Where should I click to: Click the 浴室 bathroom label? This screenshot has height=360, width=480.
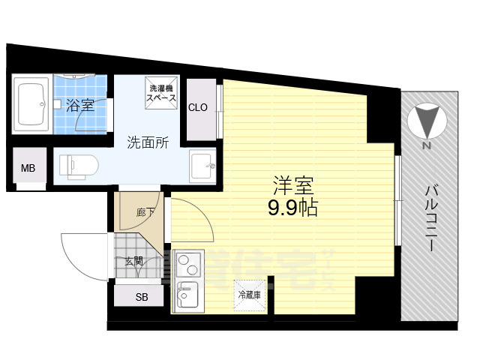tap(79, 106)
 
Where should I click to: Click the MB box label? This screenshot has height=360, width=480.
tap(28, 167)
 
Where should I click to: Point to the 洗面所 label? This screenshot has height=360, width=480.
tap(146, 141)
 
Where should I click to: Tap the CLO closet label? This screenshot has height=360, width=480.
tap(198, 108)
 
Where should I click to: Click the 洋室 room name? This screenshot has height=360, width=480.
tap(292, 184)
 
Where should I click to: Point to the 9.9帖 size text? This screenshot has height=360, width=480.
tap(292, 208)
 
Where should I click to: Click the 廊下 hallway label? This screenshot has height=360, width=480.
tap(145, 212)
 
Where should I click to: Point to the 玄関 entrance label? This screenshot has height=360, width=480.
tap(133, 260)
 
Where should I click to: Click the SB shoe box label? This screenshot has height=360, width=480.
tap(142, 297)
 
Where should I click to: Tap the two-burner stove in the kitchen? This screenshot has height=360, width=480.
tap(187, 264)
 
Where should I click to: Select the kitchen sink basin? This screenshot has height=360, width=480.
tap(187, 295)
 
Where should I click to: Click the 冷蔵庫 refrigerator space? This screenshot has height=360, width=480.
tap(248, 294)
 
